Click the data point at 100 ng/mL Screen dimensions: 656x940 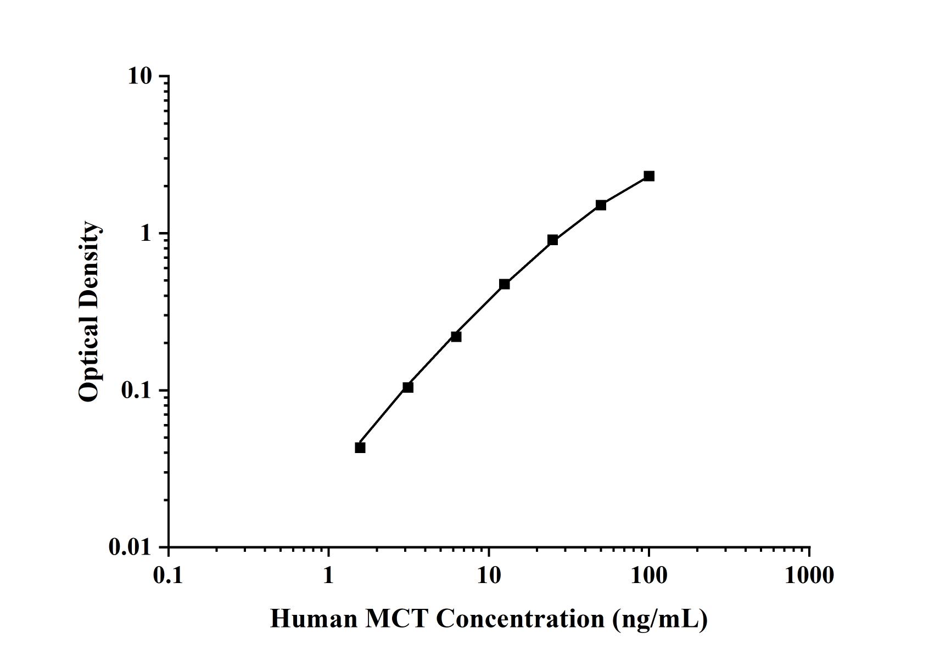point(649,176)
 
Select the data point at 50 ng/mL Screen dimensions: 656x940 point(601,205)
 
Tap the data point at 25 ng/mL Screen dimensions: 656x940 point(553,240)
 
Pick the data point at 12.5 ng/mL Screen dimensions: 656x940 point(505,284)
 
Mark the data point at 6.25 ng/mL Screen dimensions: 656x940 point(456,336)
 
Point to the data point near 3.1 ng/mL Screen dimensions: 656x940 point(408,387)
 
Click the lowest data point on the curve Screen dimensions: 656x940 point(360,448)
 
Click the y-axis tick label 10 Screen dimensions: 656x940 point(139,76)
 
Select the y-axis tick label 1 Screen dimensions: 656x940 point(146,234)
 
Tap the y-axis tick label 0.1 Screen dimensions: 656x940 point(136,391)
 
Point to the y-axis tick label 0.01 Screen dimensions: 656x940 point(130,547)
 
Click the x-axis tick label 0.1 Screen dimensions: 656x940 point(168,575)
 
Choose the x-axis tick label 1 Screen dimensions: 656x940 point(328,575)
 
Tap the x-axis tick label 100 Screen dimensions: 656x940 point(649,575)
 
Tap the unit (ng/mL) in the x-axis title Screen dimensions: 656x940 point(659,619)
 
